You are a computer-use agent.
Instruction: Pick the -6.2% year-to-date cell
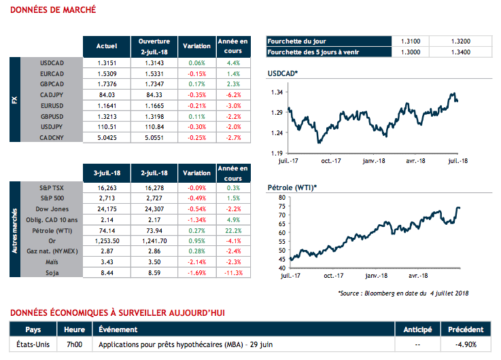point(232,96)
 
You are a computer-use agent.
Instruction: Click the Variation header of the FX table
point(197,46)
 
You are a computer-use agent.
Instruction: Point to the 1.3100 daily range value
point(411,41)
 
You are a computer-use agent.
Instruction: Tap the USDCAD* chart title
point(283,72)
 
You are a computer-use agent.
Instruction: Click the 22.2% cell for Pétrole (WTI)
point(232,231)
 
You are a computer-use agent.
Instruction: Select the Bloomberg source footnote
point(403,293)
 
